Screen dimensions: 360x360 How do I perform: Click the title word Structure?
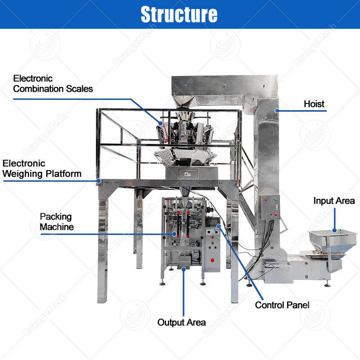(179, 14)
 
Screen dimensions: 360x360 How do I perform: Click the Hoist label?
(314, 104)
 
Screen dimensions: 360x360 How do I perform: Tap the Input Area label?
(334, 201)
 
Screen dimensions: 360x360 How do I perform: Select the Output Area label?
(181, 322)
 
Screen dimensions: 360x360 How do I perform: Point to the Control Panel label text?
(282, 305)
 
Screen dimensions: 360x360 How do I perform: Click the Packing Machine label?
(56, 222)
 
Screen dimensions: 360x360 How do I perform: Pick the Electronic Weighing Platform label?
(42, 168)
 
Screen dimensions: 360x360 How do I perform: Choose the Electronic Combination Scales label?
(53, 84)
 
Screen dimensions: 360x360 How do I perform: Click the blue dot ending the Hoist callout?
(277, 110)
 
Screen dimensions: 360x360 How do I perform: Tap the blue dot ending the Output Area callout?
(184, 270)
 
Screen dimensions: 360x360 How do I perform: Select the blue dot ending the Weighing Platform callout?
(99, 181)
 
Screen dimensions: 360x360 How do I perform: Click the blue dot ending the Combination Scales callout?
(161, 121)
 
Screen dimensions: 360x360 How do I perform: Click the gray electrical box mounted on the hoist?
(270, 207)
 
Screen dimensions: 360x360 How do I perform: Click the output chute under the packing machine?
(183, 262)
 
